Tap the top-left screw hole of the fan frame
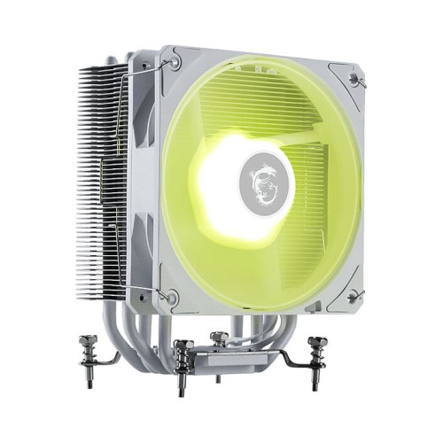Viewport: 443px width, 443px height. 175,63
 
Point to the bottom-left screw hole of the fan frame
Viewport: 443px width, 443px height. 172,297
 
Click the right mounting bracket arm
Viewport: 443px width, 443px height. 292,359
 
